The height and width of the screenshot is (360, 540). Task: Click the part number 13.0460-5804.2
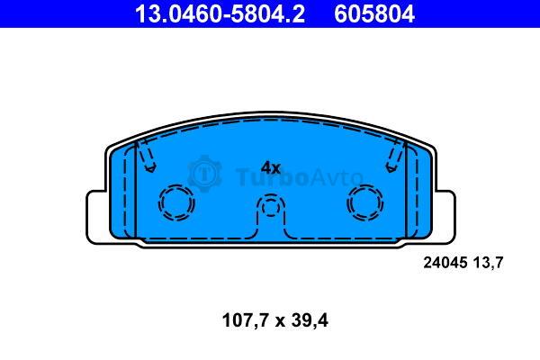click(x=220, y=13)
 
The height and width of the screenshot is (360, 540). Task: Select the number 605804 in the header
click(x=374, y=13)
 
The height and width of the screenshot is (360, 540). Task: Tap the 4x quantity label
click(x=271, y=168)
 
